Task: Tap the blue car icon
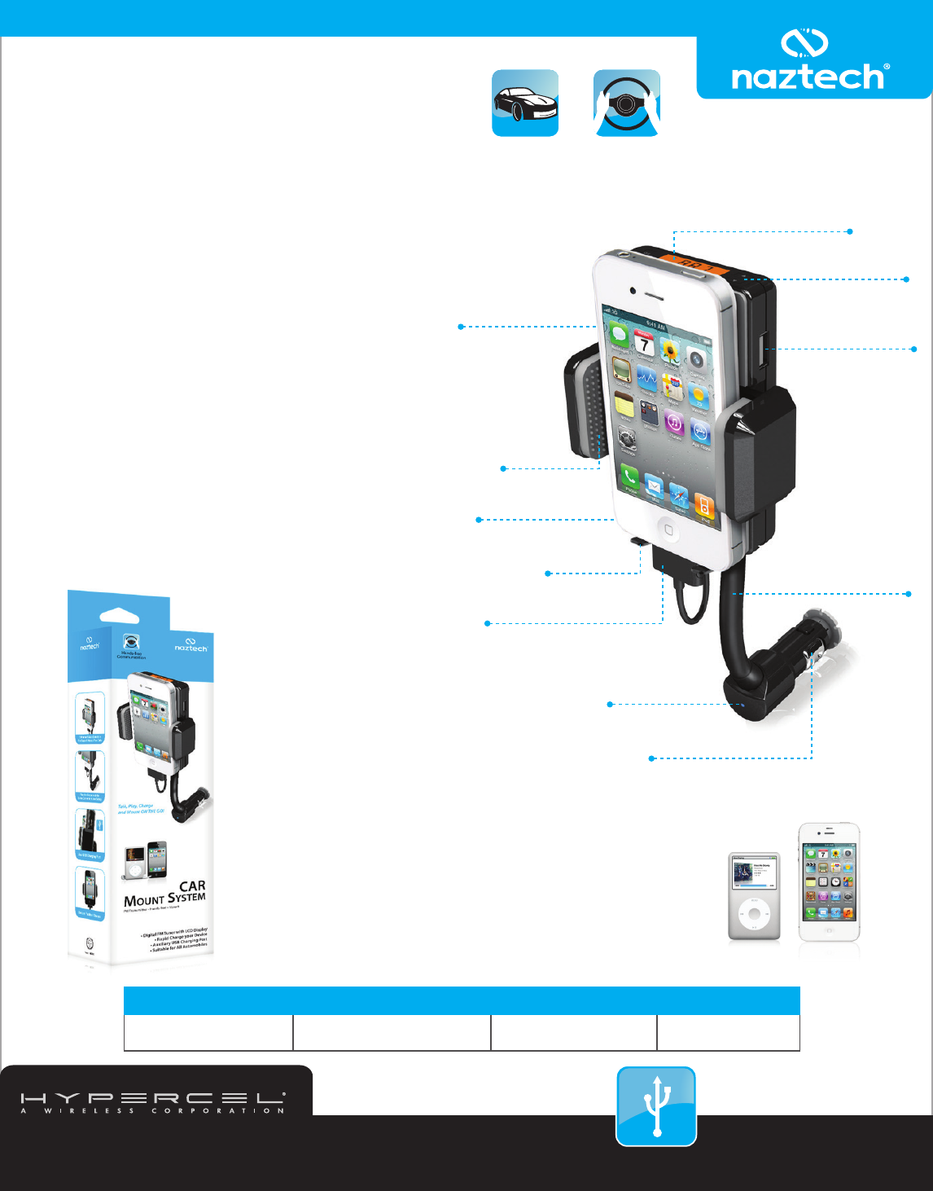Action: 525,103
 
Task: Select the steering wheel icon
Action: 626,103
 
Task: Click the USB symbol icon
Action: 656,1106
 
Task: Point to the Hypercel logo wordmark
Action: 153,1099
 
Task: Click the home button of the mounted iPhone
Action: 668,530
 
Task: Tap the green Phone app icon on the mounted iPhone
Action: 629,477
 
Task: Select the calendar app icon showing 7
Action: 644,345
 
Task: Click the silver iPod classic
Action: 754,896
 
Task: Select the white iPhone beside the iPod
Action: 829,882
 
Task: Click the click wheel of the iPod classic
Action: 754,914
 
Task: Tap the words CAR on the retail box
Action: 192,886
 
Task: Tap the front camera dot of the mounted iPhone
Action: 633,290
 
